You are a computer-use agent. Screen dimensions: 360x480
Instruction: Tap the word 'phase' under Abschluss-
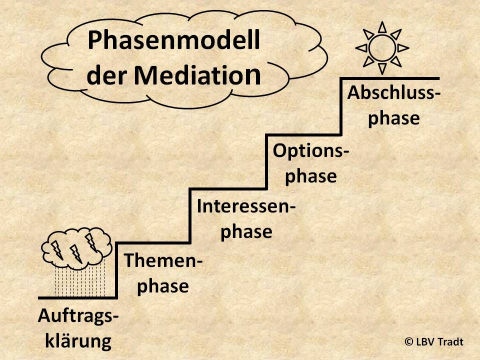393,119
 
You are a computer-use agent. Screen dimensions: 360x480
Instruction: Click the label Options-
310,151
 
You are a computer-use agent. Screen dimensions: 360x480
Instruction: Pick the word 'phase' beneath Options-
310,176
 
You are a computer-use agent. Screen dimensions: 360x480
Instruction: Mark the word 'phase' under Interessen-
246,231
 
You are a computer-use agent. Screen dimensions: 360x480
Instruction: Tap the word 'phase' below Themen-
163,286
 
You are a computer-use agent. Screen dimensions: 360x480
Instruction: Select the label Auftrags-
78,316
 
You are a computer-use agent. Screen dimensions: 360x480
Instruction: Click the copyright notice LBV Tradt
434,342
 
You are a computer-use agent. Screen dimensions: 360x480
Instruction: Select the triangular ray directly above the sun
382,27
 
